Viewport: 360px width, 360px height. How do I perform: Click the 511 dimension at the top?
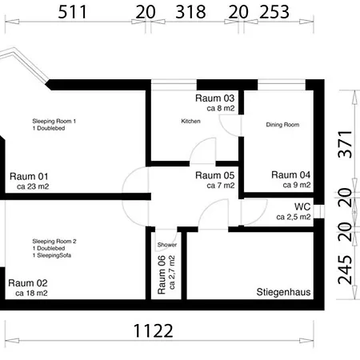[72, 12]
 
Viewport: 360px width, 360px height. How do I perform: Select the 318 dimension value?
[190, 12]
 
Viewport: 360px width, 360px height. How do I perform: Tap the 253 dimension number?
[274, 12]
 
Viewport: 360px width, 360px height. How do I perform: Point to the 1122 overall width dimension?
[153, 330]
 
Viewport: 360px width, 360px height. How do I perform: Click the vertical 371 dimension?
[345, 144]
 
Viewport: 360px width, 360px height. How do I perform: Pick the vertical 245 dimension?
[345, 270]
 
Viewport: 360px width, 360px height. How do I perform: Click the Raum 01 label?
[29, 176]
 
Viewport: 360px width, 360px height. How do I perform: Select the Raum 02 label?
[28, 283]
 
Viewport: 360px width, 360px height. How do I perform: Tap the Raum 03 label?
[214, 98]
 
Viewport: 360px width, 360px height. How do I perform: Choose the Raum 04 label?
[290, 174]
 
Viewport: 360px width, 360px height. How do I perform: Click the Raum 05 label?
[214, 175]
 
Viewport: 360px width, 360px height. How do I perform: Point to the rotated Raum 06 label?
[162, 275]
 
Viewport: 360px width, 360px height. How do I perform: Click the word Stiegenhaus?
[283, 292]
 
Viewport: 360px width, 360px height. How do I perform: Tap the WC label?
[302, 206]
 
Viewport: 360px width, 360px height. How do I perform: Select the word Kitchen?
[190, 121]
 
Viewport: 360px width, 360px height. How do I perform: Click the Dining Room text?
[282, 125]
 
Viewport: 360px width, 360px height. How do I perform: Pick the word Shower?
[167, 245]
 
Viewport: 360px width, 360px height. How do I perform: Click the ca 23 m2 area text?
[33, 186]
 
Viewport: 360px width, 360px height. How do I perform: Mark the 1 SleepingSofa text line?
[52, 255]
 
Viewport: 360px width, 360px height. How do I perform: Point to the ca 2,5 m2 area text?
[294, 217]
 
